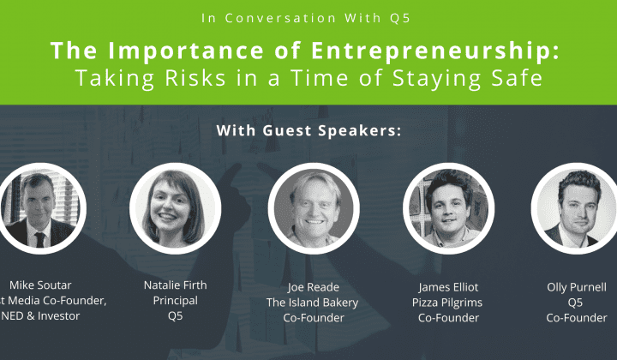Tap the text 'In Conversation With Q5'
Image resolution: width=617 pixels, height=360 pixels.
(x=308, y=16)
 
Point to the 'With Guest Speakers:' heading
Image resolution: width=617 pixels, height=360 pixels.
(x=308, y=131)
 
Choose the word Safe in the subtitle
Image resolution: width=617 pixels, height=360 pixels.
(x=515, y=78)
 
